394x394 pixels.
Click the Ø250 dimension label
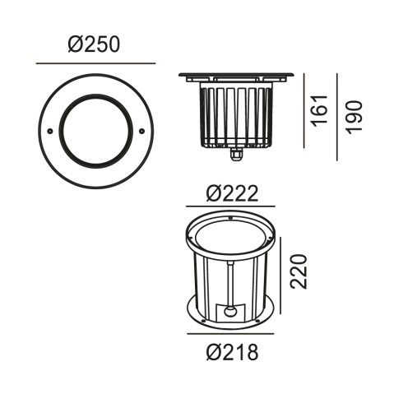click(94, 44)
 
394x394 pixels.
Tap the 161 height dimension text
click(321, 111)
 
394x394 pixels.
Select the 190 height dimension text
click(355, 118)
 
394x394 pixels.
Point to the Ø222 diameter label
click(232, 193)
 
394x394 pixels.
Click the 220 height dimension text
click(299, 271)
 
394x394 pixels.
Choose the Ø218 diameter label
click(232, 352)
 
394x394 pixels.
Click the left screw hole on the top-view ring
click(50, 132)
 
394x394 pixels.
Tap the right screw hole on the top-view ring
click(141, 132)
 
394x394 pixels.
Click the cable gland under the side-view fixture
click(235, 154)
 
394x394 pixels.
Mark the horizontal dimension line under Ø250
click(95, 63)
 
